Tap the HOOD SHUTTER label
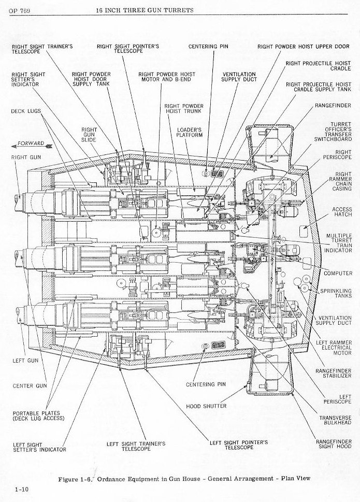[206, 406]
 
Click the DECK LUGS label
[25, 111]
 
